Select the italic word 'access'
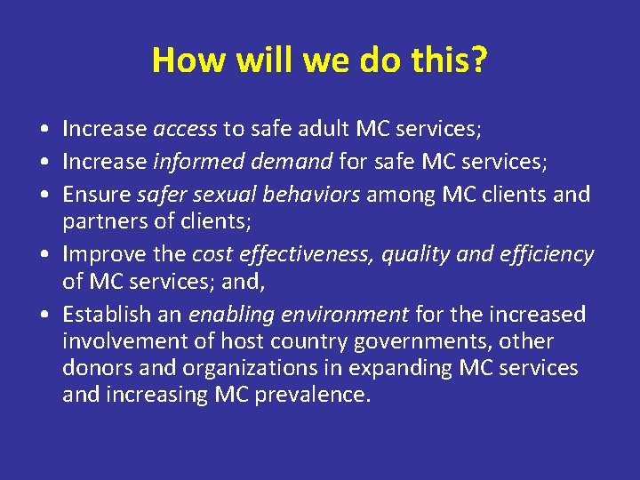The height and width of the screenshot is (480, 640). (x=185, y=130)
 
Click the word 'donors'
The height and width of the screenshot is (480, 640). (x=93, y=368)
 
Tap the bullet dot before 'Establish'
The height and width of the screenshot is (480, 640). (x=44, y=316)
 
